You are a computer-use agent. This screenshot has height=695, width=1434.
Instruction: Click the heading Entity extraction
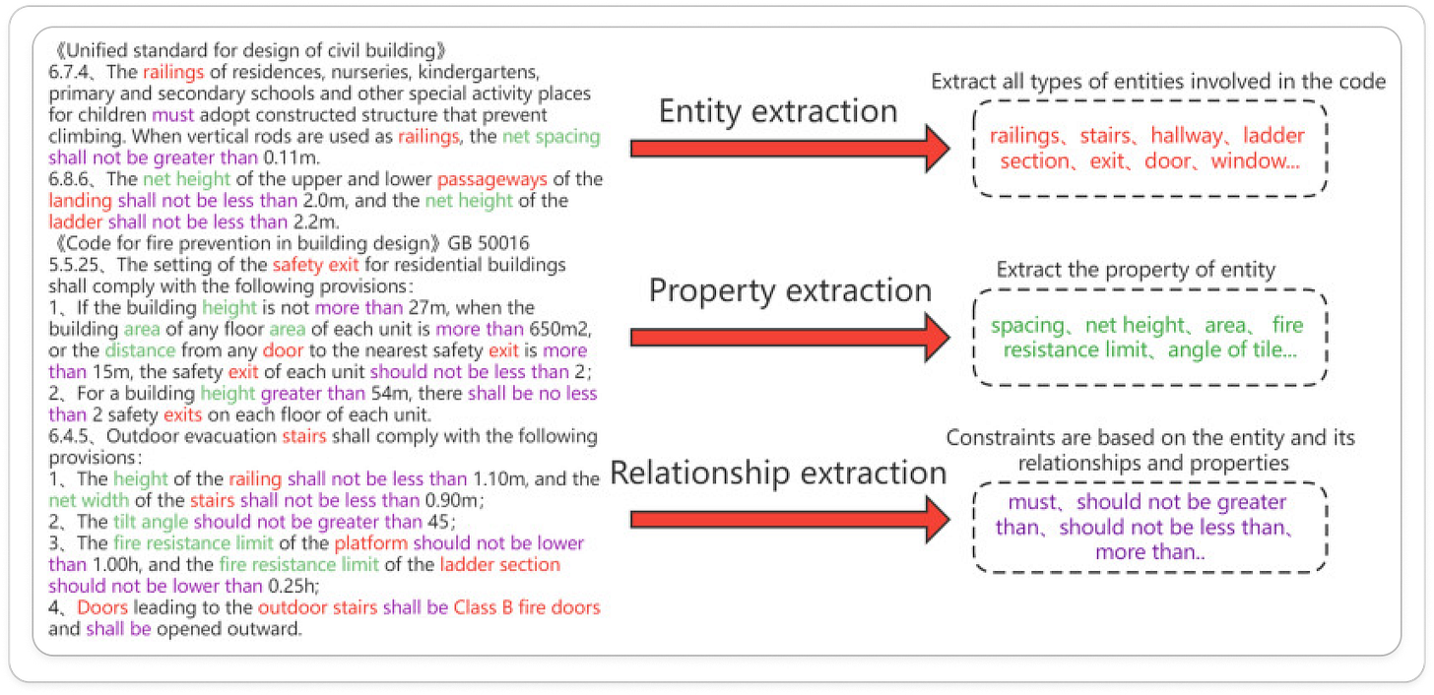point(778,111)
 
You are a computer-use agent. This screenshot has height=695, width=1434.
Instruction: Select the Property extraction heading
point(790,290)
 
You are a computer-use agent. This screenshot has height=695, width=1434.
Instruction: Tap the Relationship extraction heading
point(778,473)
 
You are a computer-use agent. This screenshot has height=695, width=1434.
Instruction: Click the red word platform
point(370,543)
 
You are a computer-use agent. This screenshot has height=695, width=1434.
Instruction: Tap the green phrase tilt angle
point(151,522)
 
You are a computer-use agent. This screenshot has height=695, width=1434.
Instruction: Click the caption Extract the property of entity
point(1136,270)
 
